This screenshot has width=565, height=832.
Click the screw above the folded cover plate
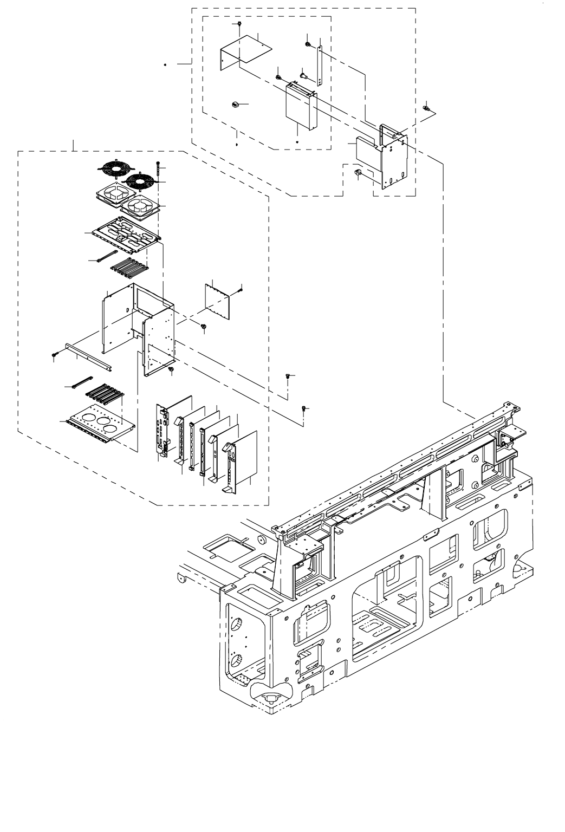(x=239, y=25)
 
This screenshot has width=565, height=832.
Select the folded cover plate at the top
(x=246, y=50)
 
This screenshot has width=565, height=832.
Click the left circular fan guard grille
(x=115, y=169)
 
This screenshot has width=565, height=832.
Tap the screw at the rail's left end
(x=55, y=354)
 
